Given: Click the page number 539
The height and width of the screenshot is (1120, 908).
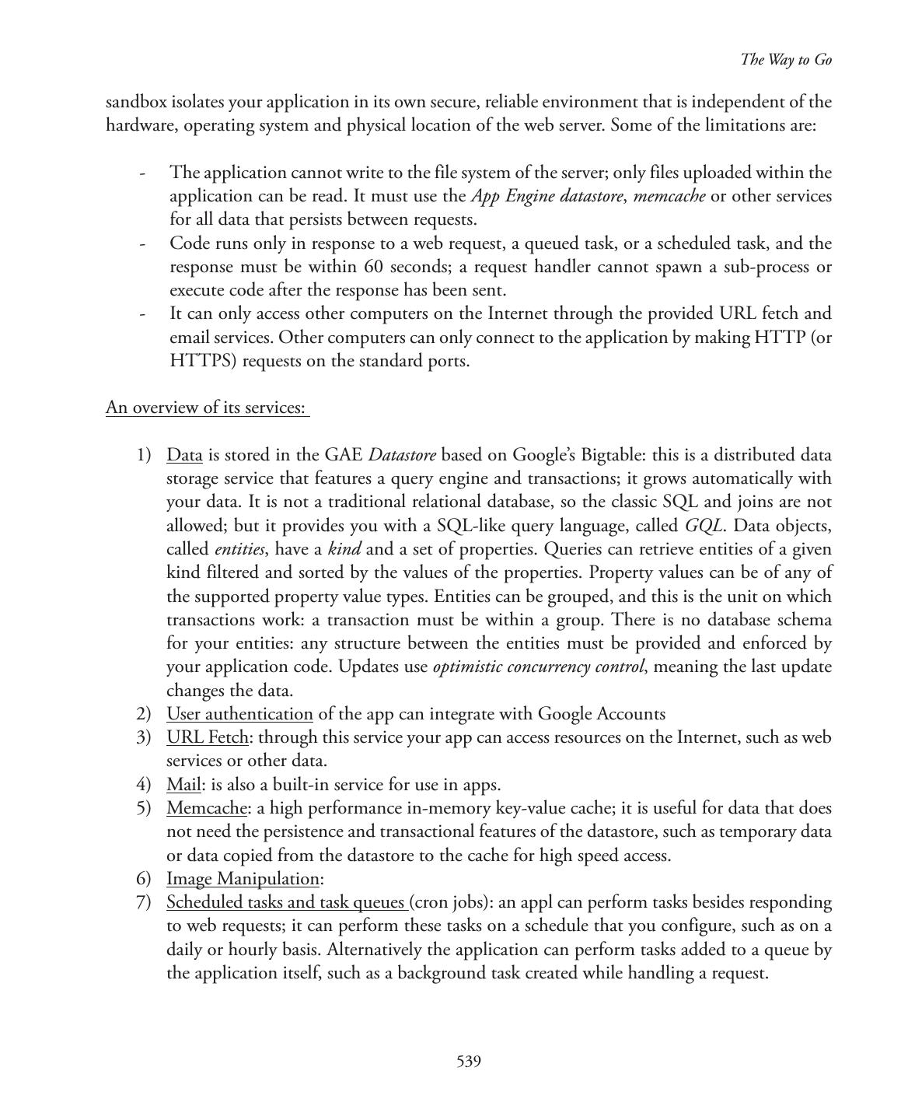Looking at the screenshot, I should tap(469, 1062).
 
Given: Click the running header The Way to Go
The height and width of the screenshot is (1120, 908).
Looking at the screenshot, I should tap(786, 60).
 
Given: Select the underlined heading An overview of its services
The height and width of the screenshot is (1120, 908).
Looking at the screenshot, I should tap(206, 408).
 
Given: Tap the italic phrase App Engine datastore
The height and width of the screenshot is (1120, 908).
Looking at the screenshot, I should tap(547, 196).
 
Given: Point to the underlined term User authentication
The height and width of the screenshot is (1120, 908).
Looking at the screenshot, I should tap(239, 714).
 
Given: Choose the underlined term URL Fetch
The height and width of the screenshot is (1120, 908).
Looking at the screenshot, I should tap(208, 737).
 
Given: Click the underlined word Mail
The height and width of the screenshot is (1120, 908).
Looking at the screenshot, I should tap(183, 785).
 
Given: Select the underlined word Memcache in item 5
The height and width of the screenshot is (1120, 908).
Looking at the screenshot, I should tap(207, 808).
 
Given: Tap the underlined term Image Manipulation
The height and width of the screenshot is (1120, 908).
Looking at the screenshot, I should tap(243, 879).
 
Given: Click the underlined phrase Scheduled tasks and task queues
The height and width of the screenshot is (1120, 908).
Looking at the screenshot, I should tap(286, 902).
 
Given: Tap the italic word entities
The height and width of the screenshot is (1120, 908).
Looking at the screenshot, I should tap(239, 550).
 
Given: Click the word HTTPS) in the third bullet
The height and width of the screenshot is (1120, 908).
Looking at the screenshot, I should tap(202, 361).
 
